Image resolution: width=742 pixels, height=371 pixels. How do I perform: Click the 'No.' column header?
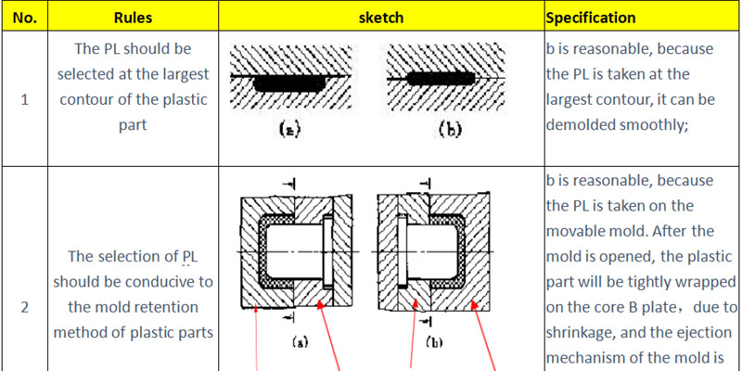coord(24,18)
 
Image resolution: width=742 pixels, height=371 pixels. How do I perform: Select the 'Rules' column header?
coord(133,18)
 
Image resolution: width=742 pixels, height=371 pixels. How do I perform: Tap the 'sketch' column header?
coord(381,18)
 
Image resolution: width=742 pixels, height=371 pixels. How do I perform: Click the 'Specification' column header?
coord(591,18)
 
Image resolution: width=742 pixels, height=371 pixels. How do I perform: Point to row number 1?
coord(24,100)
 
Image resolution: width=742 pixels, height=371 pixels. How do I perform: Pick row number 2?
coord(24,308)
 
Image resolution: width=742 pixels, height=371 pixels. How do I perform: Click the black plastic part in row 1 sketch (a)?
coord(289,83)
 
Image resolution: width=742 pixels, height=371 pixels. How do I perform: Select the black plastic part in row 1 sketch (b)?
coord(441,79)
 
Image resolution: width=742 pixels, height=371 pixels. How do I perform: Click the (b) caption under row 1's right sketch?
coord(448,130)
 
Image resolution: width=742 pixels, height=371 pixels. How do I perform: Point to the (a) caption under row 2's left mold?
coord(299,341)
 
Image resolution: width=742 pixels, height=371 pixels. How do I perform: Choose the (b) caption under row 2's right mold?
coord(434,341)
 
